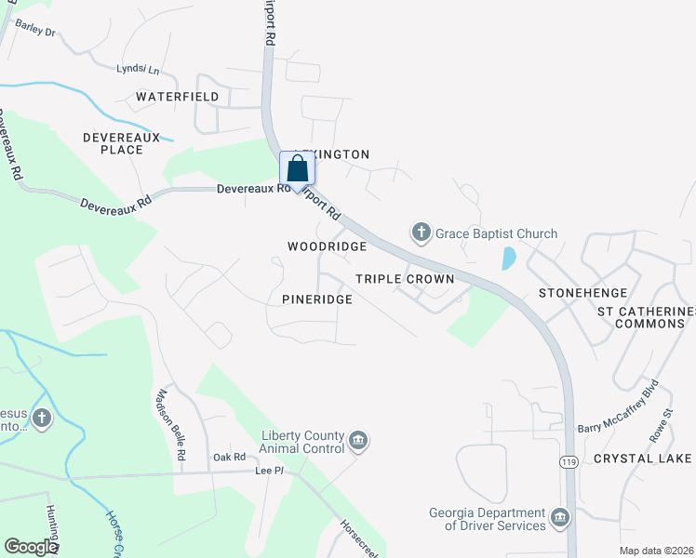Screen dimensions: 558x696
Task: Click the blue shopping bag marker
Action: coord(298,169)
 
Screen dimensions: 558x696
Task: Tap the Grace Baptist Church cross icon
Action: coord(421,232)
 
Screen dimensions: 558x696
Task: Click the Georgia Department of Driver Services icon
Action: coord(559,518)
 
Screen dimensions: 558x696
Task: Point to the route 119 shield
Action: coord(568,462)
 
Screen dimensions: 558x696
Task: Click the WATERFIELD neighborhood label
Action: coord(177,97)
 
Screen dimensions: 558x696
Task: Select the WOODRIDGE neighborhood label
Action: coord(327,246)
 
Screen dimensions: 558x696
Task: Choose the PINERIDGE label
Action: coord(317,299)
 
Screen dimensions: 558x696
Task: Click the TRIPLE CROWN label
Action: coord(405,279)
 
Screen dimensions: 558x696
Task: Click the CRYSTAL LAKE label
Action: coord(642,458)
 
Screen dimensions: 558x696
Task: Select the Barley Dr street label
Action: coord(36,32)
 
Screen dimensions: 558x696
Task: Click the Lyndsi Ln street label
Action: coord(139,69)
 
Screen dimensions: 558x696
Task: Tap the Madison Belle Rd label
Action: coord(170,426)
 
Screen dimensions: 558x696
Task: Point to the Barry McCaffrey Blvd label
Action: coord(618,405)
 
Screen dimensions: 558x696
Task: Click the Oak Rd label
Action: coord(229,457)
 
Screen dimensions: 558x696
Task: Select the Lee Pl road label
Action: coord(269,472)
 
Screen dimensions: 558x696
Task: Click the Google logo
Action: coord(31,547)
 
